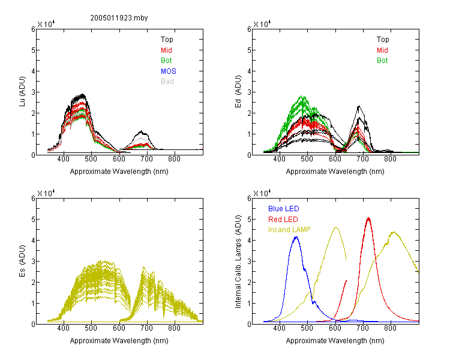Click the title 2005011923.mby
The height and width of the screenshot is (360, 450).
pos(119,18)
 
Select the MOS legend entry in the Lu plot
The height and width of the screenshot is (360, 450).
pos(169,71)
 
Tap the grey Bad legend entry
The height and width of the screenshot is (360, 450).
pos(167,82)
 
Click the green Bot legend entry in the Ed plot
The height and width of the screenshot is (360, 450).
pos(382,61)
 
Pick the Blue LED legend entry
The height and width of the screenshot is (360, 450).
pos(284,209)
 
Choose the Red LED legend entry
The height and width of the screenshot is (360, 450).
pos(283,220)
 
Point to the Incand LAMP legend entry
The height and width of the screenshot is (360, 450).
pos(289,230)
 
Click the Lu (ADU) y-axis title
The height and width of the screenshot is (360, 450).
pos(22,92)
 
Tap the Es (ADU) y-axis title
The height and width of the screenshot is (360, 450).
pos(22,261)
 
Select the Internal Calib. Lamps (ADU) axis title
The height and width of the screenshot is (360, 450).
pos(238,262)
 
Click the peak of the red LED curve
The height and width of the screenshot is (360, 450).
pos(368,219)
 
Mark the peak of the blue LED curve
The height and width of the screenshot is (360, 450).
pos(296,237)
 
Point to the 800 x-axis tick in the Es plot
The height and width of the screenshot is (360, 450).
pos(174,328)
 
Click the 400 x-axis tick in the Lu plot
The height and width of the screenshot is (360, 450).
pos(63,159)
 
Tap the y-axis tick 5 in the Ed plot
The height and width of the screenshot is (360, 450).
pos(249,50)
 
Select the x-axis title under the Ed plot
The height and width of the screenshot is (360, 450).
pos(335,172)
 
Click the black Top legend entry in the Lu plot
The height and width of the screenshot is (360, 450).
pos(167,40)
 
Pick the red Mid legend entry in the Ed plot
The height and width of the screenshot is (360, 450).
pos(382,50)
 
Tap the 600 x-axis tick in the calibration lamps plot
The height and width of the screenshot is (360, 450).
pos(335,328)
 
